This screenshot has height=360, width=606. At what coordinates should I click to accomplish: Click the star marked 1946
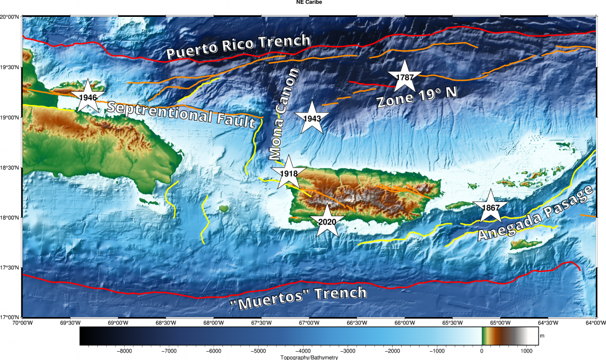point(88,97)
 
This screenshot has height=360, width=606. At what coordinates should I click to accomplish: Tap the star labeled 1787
point(405,77)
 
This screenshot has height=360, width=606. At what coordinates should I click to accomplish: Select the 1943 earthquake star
point(312,118)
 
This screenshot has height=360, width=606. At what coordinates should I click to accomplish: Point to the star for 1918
point(289,173)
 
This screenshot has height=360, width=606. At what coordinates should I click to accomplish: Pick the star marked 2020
point(327,222)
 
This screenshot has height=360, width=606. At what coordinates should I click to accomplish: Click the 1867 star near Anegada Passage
point(490,207)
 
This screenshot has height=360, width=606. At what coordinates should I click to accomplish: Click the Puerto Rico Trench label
point(239,47)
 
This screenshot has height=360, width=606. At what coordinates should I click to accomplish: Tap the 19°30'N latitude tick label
point(10,67)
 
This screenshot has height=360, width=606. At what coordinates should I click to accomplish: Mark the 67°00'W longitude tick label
point(309,322)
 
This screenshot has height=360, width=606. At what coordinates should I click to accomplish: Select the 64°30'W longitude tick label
point(548,322)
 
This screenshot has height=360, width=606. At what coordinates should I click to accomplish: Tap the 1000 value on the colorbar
point(526,351)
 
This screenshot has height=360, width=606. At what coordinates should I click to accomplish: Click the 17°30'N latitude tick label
point(10,267)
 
